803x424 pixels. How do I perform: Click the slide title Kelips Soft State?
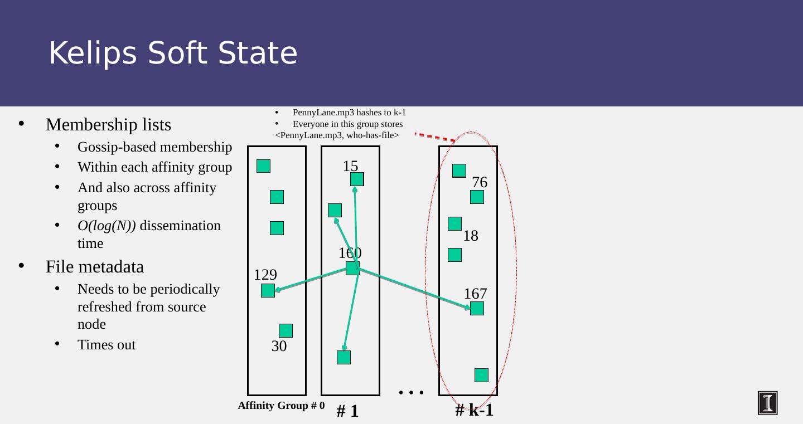pos(173,53)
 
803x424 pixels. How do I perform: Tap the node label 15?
pos(350,166)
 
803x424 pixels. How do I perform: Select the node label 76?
pos(480,182)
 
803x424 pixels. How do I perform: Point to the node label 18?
pos(471,236)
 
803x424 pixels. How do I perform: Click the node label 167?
pos(475,294)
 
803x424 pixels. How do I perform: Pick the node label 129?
pos(265,275)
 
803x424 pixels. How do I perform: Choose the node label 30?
pos(279,347)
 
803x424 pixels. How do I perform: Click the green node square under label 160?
pos(352,269)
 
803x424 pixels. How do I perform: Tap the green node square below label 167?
pos(477,309)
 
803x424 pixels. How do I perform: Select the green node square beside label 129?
pos(268,291)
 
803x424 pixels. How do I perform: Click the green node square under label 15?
pos(357,179)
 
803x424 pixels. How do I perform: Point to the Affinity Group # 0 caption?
pos(281,406)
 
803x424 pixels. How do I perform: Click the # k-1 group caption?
pos(474,410)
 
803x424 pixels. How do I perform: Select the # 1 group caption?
pos(347,412)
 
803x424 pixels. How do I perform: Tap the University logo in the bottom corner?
pos(767,403)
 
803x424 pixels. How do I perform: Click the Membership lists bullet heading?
pos(108,125)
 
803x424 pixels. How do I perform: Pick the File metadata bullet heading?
pos(95,267)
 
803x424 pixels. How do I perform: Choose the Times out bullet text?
pos(107,345)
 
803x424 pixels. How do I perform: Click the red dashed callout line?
pos(435,137)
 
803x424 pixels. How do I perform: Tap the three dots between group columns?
pos(412,393)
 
